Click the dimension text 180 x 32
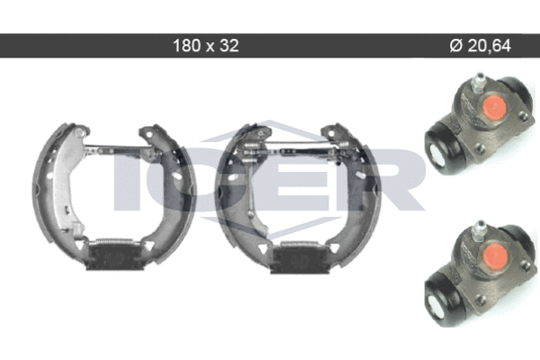click(x=205, y=46)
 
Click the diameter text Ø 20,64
click(x=480, y=46)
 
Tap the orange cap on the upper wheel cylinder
click(x=494, y=106)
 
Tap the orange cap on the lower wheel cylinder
click(x=495, y=254)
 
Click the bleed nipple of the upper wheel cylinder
click(x=477, y=83)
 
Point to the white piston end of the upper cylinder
click(x=436, y=155)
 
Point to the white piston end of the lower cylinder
click(x=436, y=302)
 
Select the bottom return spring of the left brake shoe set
click(x=114, y=241)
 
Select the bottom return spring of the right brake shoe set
click(x=299, y=245)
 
